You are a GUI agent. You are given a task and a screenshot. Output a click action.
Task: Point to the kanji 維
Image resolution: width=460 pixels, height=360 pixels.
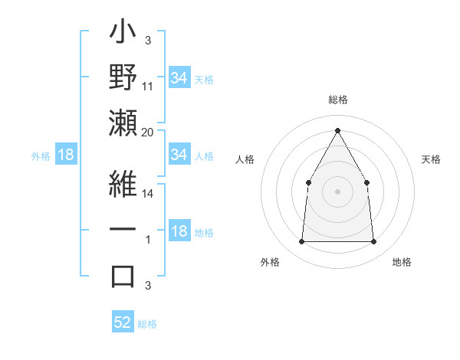coord(123,184)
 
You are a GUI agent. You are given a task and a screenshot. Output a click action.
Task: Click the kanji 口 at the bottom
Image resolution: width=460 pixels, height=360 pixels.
coord(123,276)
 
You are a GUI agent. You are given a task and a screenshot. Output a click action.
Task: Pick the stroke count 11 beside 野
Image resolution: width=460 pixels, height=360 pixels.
coord(148,87)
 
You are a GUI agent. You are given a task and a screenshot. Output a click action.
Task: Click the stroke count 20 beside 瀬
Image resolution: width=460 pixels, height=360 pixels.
coord(148,133)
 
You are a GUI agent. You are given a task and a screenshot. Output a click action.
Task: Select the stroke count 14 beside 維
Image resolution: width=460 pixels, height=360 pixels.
coord(148,195)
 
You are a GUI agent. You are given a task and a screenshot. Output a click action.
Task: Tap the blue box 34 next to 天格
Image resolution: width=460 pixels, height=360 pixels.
coord(179,77)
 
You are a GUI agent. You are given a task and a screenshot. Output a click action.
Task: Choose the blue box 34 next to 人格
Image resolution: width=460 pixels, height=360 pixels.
coord(179,155)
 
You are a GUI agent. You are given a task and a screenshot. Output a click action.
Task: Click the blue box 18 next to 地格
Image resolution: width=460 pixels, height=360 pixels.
coord(179,232)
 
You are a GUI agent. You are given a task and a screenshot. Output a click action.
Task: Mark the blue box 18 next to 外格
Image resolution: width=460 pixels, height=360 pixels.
coord(66,155)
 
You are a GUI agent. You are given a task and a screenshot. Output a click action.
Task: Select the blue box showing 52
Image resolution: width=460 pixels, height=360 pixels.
coord(123,322)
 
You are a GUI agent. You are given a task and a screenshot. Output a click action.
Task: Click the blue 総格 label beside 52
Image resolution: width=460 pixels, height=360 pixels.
coord(147,324)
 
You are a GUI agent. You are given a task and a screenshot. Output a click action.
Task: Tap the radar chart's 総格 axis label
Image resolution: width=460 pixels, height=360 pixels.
coord(337,100)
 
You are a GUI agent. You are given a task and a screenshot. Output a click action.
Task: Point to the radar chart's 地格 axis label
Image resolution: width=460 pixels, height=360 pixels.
coord(402,263)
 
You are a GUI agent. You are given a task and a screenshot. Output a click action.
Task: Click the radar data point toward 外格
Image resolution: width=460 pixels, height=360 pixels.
coord(301,242)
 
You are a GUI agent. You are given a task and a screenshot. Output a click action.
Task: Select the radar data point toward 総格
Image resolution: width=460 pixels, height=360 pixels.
coord(337,129)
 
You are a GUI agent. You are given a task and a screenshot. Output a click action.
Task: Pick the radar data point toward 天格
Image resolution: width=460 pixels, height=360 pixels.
coord(366,182)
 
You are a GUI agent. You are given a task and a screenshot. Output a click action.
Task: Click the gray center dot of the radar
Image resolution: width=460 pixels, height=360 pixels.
coord(337,191)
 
